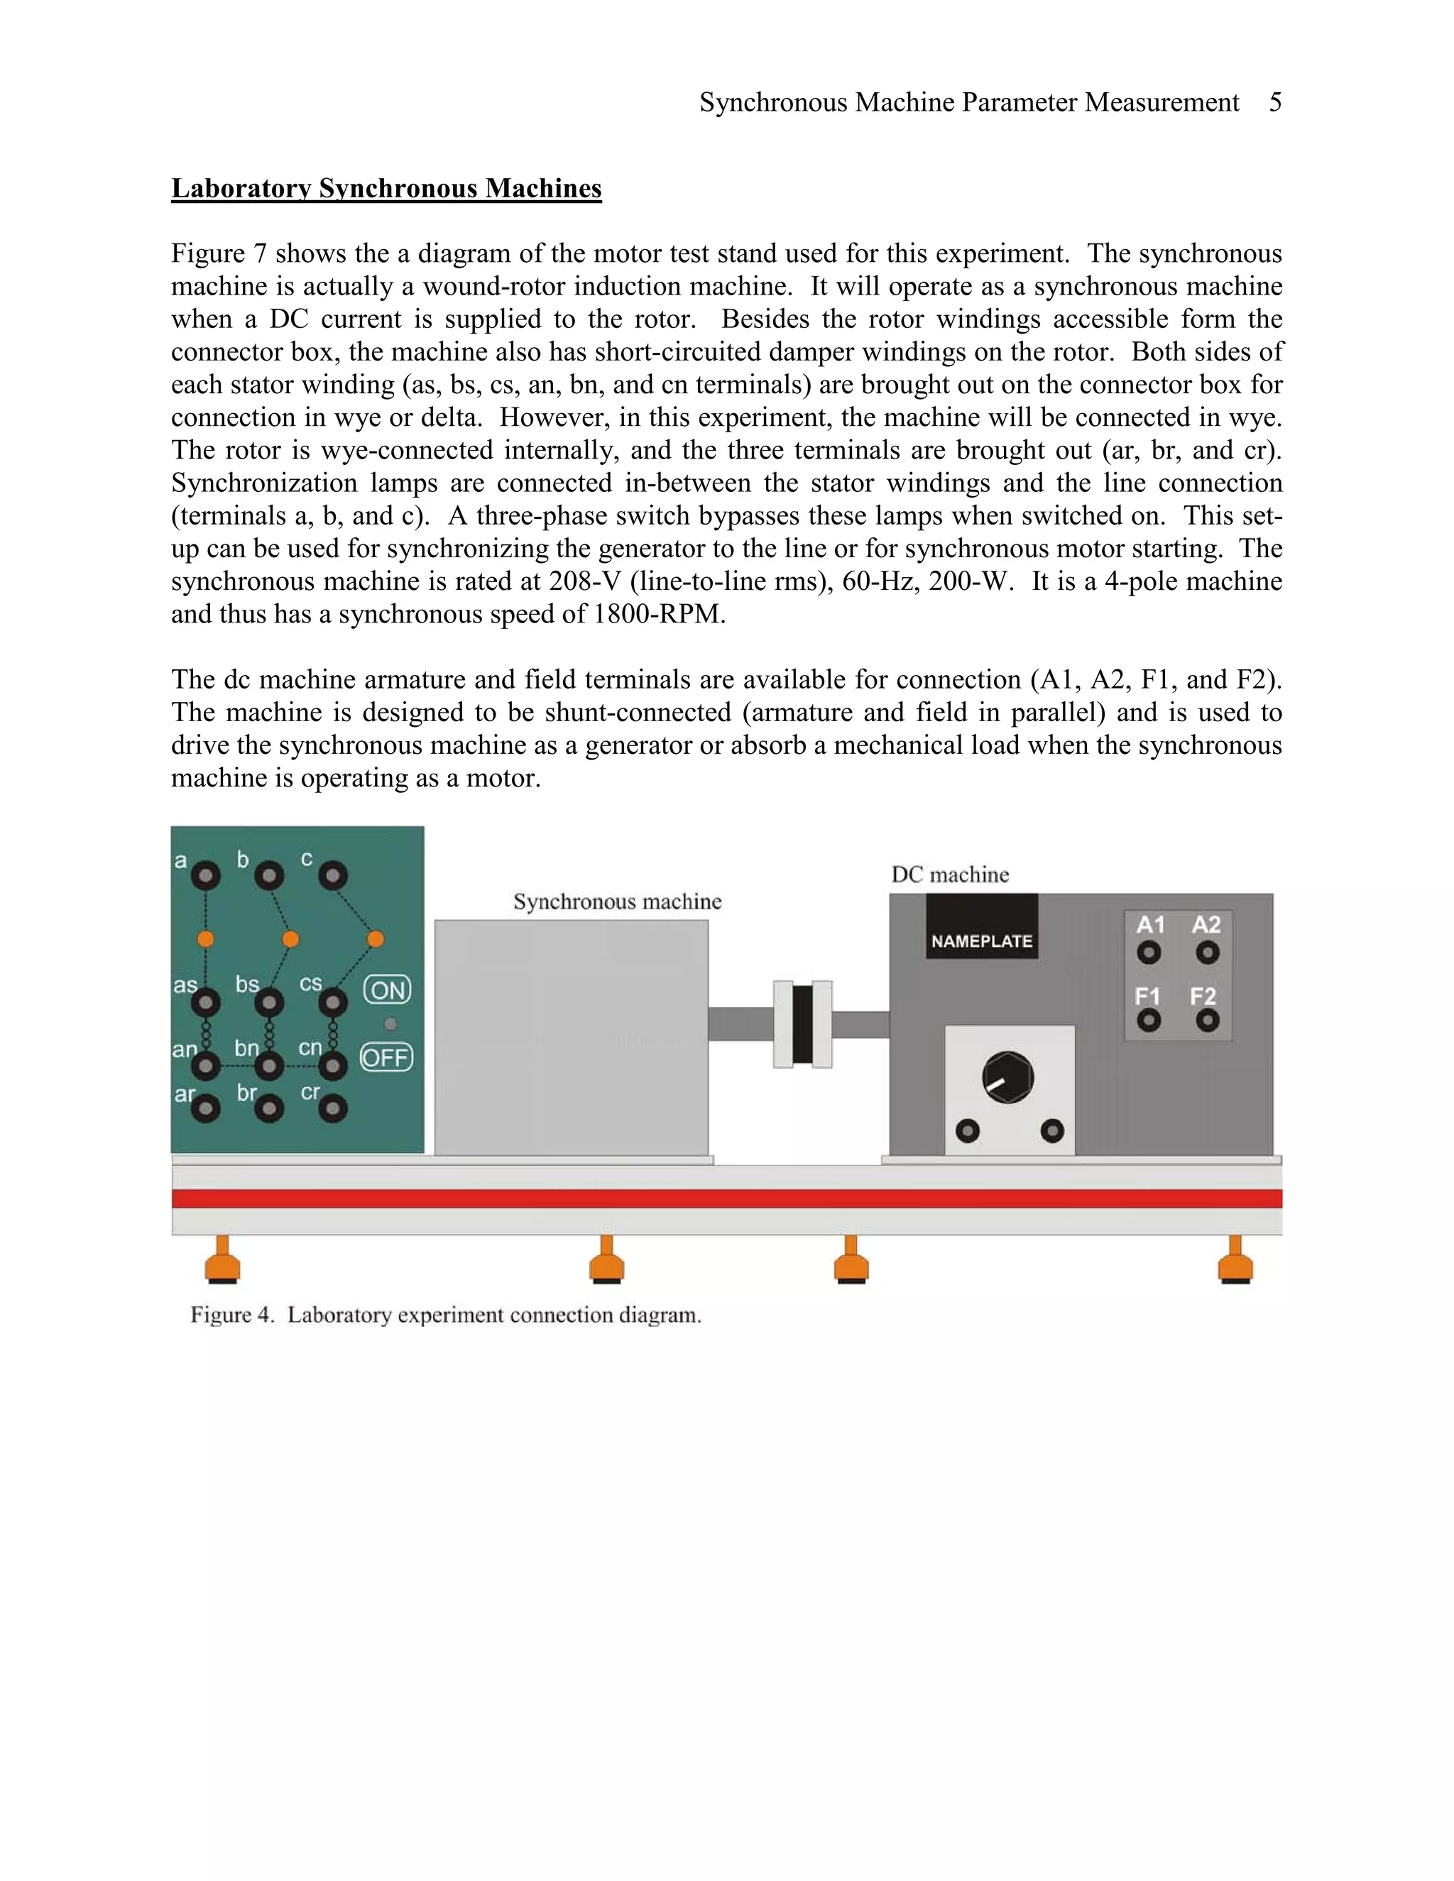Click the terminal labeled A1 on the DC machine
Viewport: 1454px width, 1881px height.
(x=1148, y=953)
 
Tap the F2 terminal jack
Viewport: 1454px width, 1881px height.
(x=1208, y=1021)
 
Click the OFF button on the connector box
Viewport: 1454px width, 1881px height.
(x=386, y=1057)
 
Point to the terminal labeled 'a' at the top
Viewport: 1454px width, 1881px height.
(x=206, y=877)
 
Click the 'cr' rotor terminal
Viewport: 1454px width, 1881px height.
(x=334, y=1109)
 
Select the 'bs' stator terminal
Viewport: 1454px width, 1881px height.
(x=269, y=1002)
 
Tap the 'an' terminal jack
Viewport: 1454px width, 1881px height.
(x=206, y=1067)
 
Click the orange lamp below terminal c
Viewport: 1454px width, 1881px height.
(x=376, y=939)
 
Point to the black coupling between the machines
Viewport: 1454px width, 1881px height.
(x=803, y=1025)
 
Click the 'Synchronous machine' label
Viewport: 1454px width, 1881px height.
(x=617, y=901)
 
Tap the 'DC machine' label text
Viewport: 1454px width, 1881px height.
(x=949, y=875)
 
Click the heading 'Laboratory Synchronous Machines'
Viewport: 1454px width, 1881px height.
(x=386, y=189)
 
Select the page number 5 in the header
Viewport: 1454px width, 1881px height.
(x=1275, y=102)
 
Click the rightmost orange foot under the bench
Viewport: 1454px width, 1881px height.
(x=1235, y=1263)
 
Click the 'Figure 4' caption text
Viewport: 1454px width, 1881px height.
(x=445, y=1315)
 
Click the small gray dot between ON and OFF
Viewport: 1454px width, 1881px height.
(x=390, y=1024)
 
